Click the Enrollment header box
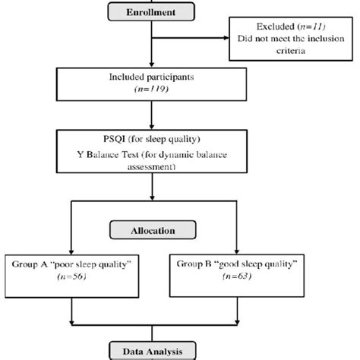coord(153,13)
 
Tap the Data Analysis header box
coord(153,352)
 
